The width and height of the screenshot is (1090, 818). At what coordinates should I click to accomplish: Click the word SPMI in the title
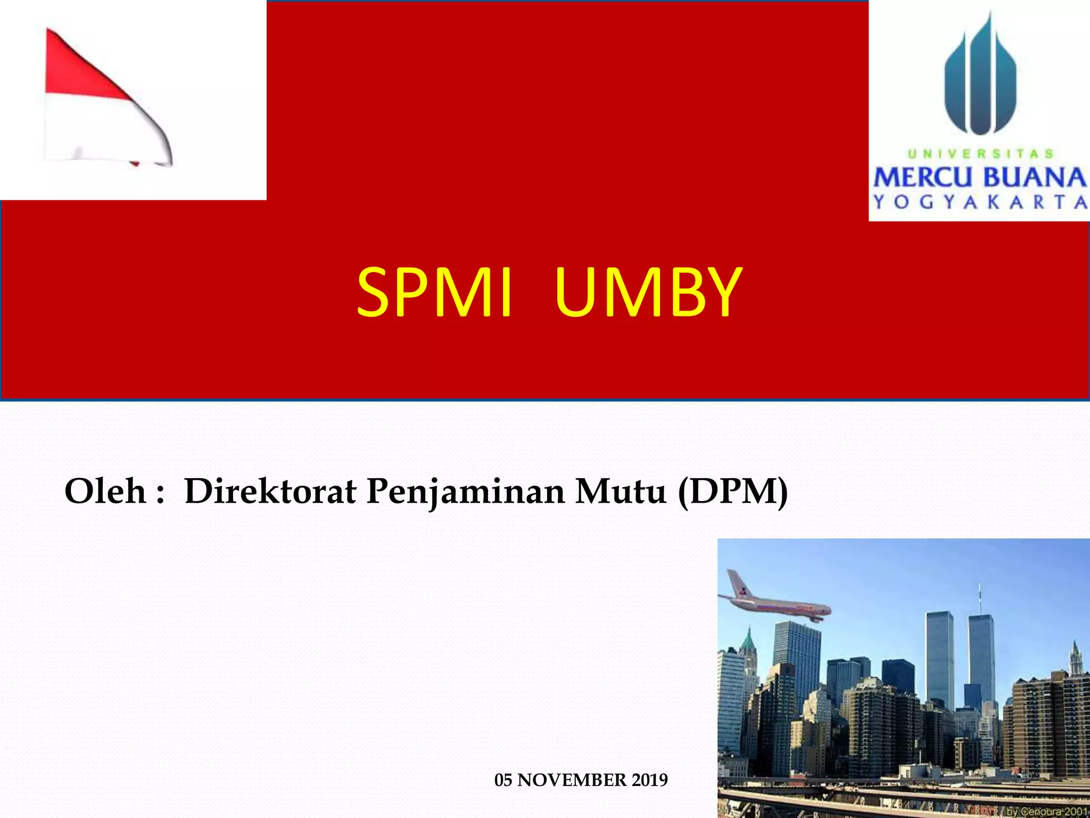tap(434, 293)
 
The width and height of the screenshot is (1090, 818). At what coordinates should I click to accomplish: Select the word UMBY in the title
tap(648, 293)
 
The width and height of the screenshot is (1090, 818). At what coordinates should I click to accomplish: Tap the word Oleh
tap(105, 491)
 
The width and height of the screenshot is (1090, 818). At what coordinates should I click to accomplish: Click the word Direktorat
tap(270, 491)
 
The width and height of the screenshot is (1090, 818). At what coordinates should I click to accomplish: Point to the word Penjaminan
tap(465, 492)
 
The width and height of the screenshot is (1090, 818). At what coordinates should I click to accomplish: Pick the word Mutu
tap(621, 491)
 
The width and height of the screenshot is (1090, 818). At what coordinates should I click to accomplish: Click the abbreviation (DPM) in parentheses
tap(733, 491)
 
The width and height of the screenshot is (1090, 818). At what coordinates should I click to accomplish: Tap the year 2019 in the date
tap(650, 780)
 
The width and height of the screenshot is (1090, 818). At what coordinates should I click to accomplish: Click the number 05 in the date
tap(503, 780)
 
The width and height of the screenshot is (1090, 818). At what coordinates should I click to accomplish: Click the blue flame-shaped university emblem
tap(980, 80)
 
